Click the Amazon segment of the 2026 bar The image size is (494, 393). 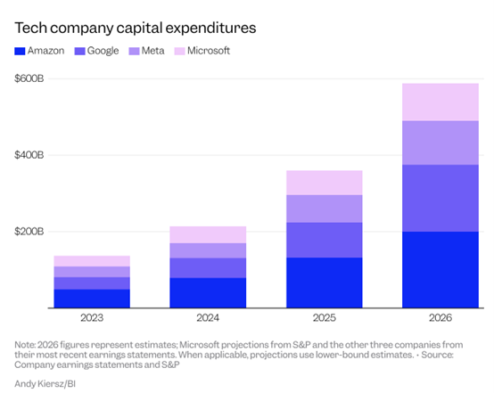(440, 269)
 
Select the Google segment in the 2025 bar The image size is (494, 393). (325, 240)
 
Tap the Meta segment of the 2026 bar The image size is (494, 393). (440, 143)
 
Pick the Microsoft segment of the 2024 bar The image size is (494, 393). (208, 234)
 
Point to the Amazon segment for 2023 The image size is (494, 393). (92, 299)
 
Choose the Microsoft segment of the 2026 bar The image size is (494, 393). (440, 102)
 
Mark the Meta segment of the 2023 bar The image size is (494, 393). (92, 272)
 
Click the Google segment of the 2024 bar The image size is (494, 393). (208, 268)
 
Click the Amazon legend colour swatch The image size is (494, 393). (20, 51)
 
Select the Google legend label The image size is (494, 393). (103, 51)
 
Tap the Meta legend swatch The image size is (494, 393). (134, 51)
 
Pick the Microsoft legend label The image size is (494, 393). (209, 51)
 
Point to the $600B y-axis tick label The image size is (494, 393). (29, 78)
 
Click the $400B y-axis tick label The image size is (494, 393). (29, 155)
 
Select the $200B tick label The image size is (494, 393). (29, 232)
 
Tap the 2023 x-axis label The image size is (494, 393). (92, 318)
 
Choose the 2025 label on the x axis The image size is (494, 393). (325, 318)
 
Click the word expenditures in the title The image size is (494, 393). (210, 29)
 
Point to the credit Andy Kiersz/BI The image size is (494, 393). (45, 384)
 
